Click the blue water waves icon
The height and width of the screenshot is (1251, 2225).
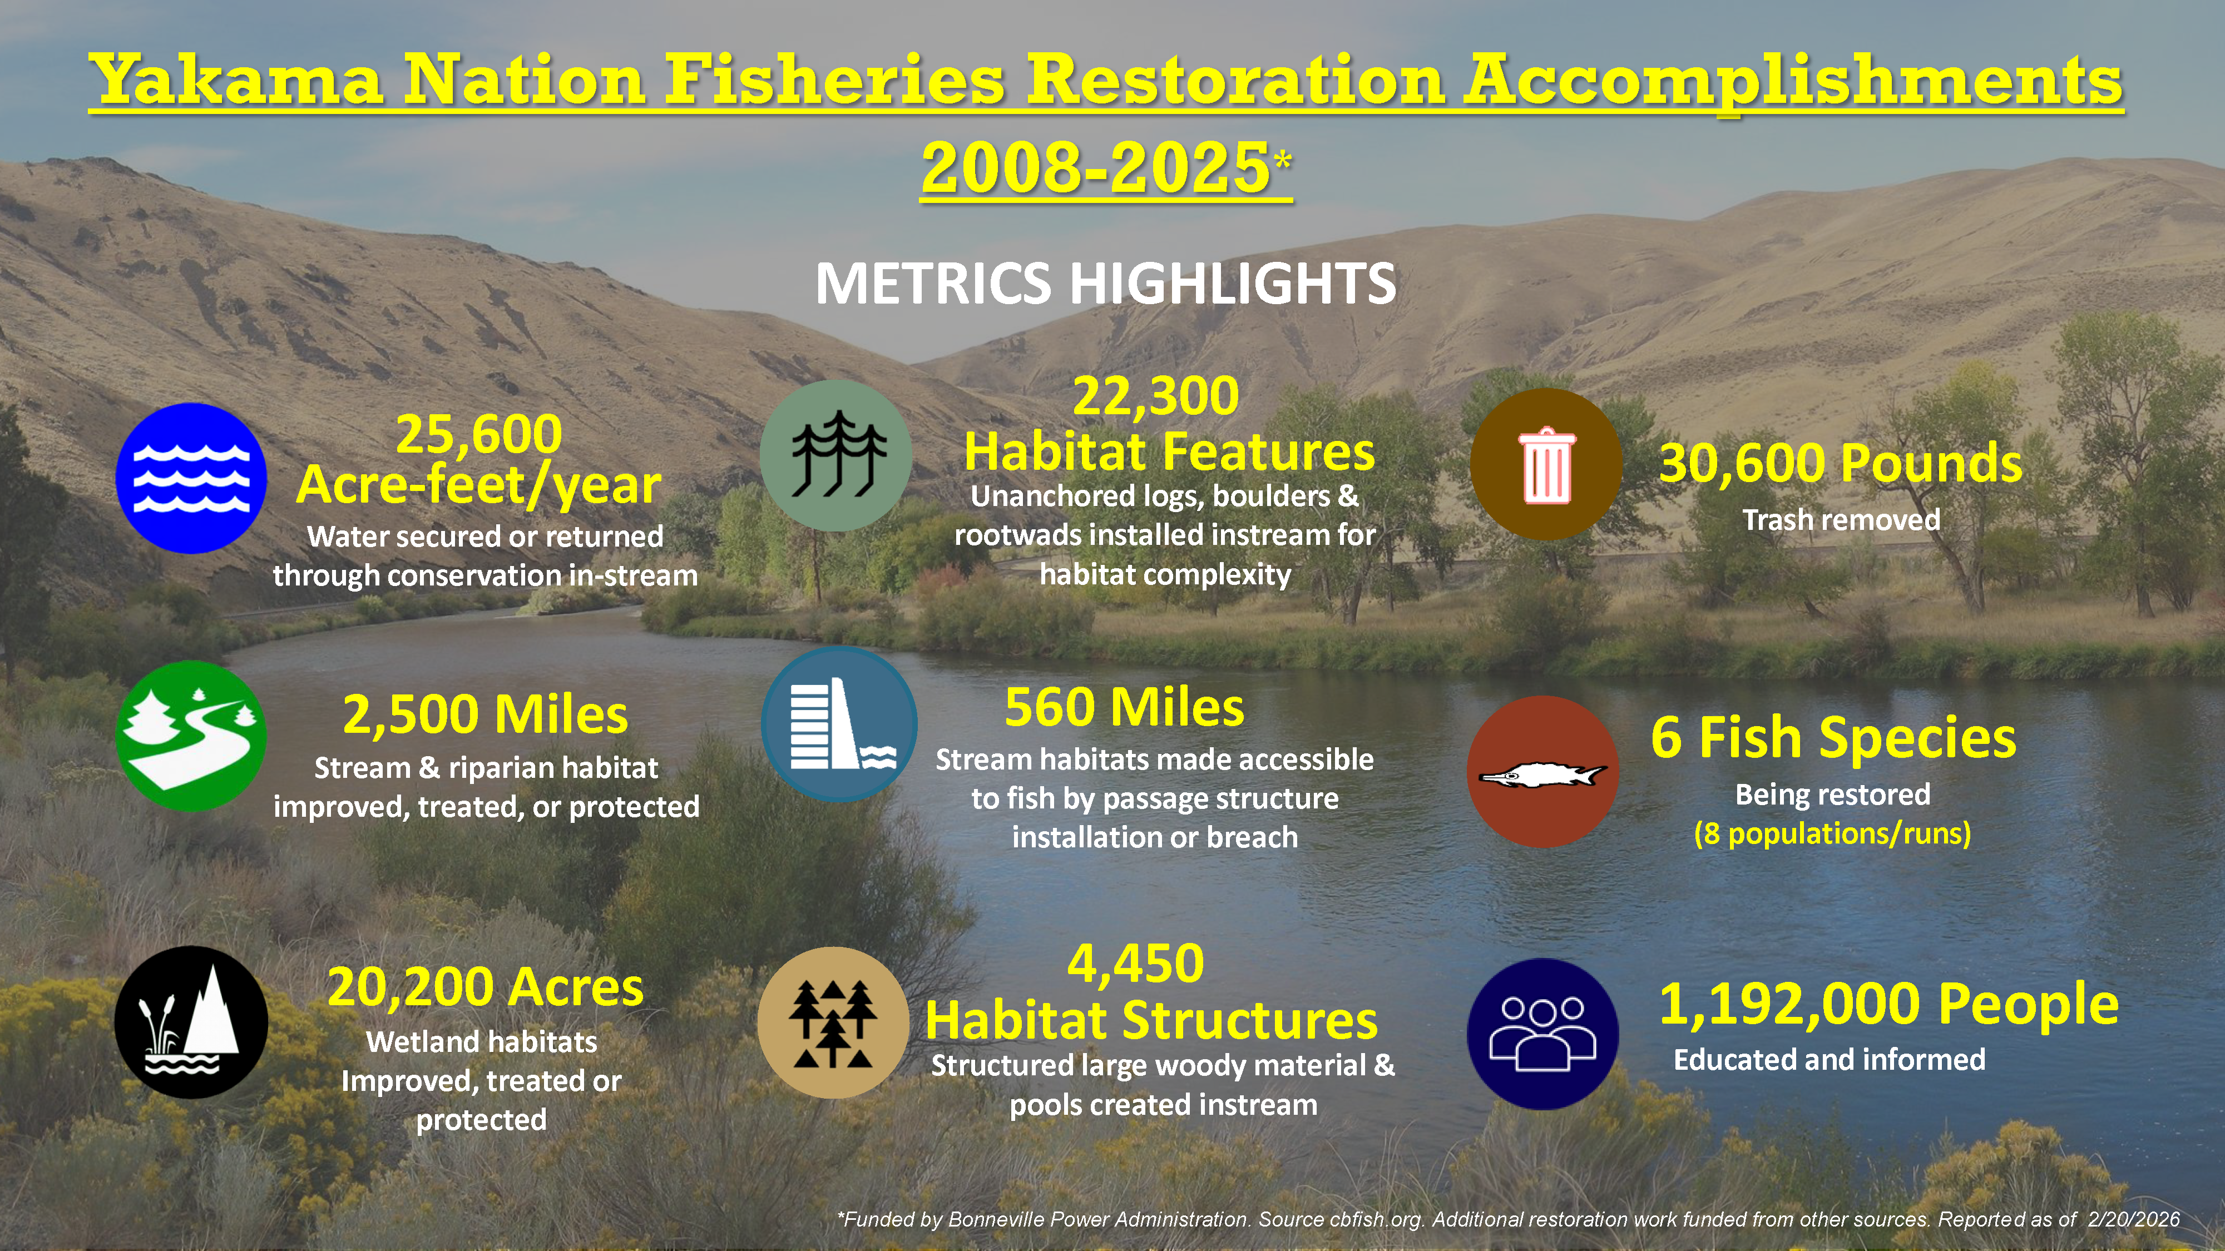pos(191,478)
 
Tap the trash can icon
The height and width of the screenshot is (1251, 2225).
pos(1546,464)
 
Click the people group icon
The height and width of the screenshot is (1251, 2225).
pos(1542,1034)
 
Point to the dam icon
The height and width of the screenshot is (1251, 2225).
pos(839,723)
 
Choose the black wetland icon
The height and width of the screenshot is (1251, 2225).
pos(191,1022)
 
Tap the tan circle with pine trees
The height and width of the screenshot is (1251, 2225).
pos(833,1022)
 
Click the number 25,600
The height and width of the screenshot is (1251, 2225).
pos(478,434)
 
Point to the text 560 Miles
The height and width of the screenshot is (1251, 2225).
pos(1125,707)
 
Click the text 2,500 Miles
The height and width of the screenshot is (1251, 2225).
pos(486,715)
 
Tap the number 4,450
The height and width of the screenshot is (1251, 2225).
pos(1136,964)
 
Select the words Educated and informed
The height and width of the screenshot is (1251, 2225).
pos(1830,1059)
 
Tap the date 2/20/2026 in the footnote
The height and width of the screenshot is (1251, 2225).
pos(2133,1219)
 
